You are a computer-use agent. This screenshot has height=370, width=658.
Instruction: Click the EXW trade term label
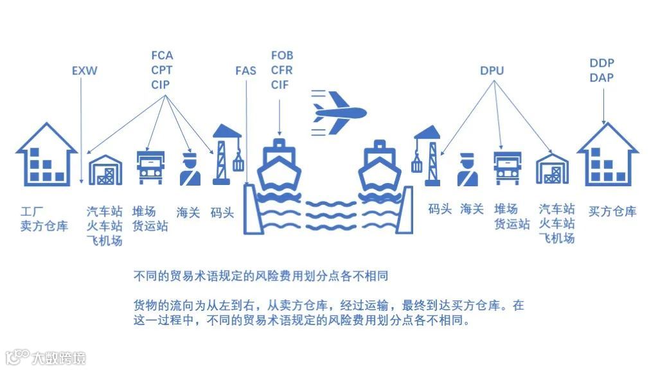[x=85, y=71]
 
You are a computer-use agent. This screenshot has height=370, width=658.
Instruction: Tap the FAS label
[x=245, y=71]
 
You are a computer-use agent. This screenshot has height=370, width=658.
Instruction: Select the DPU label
[x=492, y=71]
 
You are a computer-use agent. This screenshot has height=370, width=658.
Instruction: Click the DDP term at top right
[x=601, y=63]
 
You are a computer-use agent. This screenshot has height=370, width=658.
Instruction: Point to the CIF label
[x=280, y=85]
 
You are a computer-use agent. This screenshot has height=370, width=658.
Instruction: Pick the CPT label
[x=162, y=70]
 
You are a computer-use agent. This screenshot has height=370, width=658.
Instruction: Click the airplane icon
[x=338, y=112]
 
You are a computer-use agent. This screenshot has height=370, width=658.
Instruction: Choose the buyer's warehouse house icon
[x=607, y=155]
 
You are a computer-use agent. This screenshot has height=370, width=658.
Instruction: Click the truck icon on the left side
[x=150, y=167]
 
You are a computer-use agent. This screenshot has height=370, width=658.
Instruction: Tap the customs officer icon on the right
[x=469, y=170]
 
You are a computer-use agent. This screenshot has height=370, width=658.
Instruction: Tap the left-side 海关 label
[x=188, y=211]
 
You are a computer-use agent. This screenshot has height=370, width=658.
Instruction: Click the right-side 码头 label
[x=440, y=209]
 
